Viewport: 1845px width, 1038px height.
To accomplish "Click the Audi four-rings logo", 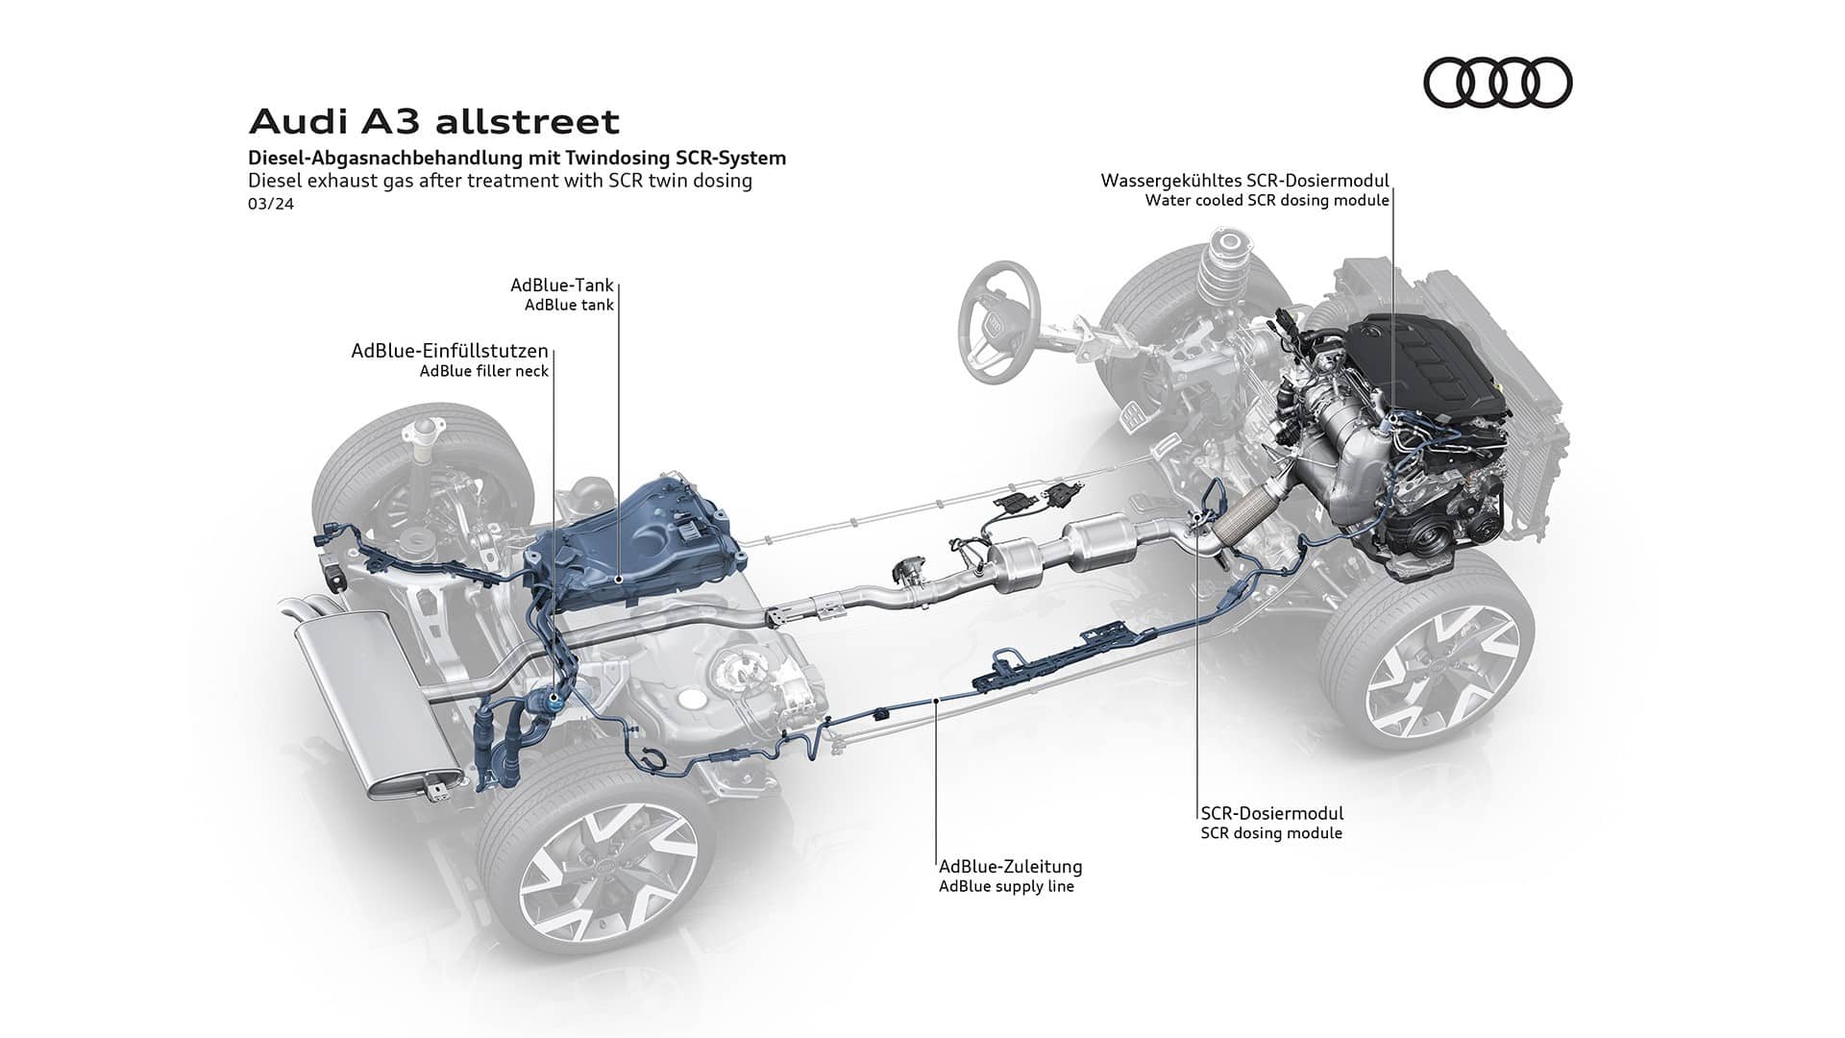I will [1497, 82].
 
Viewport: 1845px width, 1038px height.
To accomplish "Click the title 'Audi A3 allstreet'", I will [433, 122].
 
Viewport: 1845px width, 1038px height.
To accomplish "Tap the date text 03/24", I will [270, 204].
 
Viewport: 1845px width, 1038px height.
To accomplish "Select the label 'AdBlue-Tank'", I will [561, 285].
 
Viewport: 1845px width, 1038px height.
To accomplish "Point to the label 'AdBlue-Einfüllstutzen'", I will [449, 351].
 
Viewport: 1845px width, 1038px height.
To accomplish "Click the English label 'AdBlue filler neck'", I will [483, 371].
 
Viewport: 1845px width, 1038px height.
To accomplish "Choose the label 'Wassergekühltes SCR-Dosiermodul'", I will [1244, 181].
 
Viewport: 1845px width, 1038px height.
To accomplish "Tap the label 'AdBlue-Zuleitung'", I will [1010, 866].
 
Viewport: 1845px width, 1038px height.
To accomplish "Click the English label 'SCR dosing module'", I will [1270, 833].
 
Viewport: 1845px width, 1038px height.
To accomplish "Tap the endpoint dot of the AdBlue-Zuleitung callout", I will [938, 703].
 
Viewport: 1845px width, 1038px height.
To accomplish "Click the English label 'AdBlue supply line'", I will [1006, 886].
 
